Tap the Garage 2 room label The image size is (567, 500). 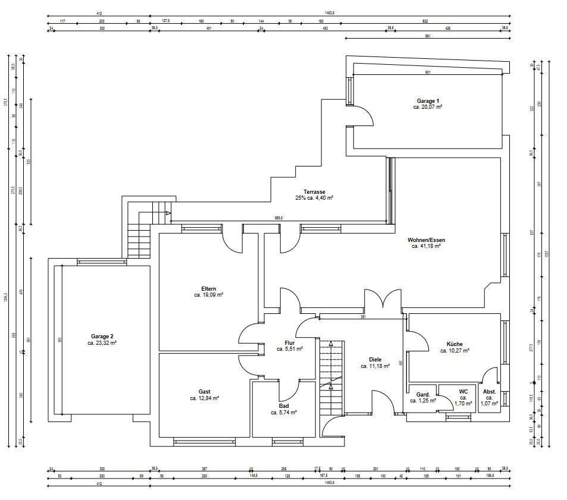coord(102,336)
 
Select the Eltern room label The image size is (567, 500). coord(208,289)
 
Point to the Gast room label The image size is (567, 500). coord(204,392)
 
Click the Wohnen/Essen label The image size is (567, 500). coord(426,240)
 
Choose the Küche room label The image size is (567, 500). coord(455,344)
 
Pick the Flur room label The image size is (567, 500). coord(290,343)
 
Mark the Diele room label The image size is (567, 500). coord(375,360)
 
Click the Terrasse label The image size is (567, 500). coord(314,191)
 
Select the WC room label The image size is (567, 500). coord(463,391)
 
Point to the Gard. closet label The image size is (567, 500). coord(423,394)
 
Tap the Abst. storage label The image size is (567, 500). coord(489,392)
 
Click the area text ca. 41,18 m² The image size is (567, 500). coord(426,246)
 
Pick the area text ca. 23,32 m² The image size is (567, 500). coord(102,342)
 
